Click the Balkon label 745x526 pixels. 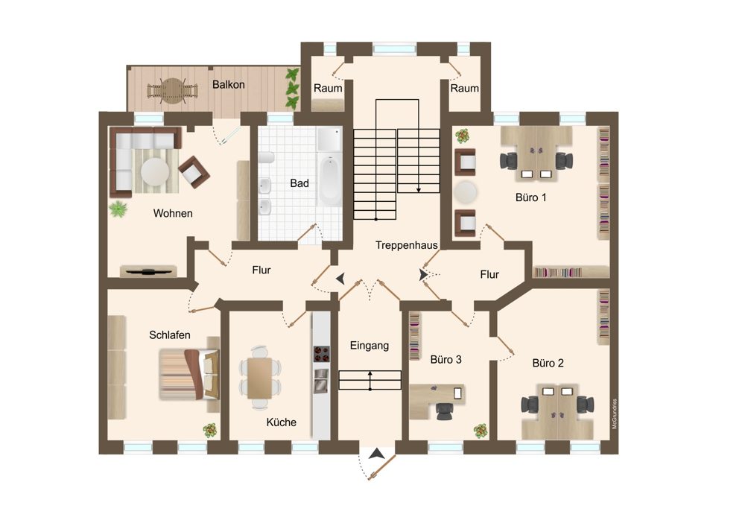pos(229,85)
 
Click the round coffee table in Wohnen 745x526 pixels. pos(155,171)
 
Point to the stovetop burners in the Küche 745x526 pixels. pos(321,354)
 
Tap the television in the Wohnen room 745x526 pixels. pos(148,272)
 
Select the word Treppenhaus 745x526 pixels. pos(406,245)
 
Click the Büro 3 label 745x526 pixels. pos(446,360)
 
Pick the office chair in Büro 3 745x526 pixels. pos(446,411)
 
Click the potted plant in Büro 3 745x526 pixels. pos(481,431)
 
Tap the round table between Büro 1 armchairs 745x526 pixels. pos(465,192)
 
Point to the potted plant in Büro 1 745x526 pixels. pos(463,136)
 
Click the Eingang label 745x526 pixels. pos(370,346)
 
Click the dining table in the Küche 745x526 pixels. pos(259,378)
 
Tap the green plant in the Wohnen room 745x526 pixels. pos(118,209)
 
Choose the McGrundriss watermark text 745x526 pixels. pos(615,413)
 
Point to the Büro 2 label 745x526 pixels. pos(548,364)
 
